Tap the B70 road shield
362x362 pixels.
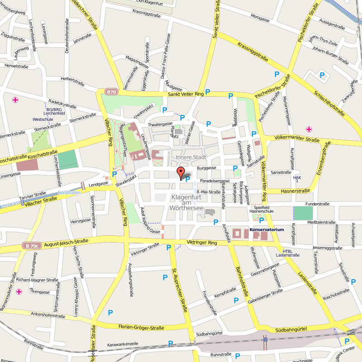click(111, 92)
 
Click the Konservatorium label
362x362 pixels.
click(267, 230)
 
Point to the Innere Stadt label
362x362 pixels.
click(191, 157)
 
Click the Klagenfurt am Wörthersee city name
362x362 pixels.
click(189, 203)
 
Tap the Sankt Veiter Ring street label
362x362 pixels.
click(180, 94)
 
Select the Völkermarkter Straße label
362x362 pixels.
click(297, 139)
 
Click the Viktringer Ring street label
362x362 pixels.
click(202, 243)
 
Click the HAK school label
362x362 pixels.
click(297, 178)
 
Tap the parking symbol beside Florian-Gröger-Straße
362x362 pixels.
click(110, 312)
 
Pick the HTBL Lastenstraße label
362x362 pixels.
click(288, 253)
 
